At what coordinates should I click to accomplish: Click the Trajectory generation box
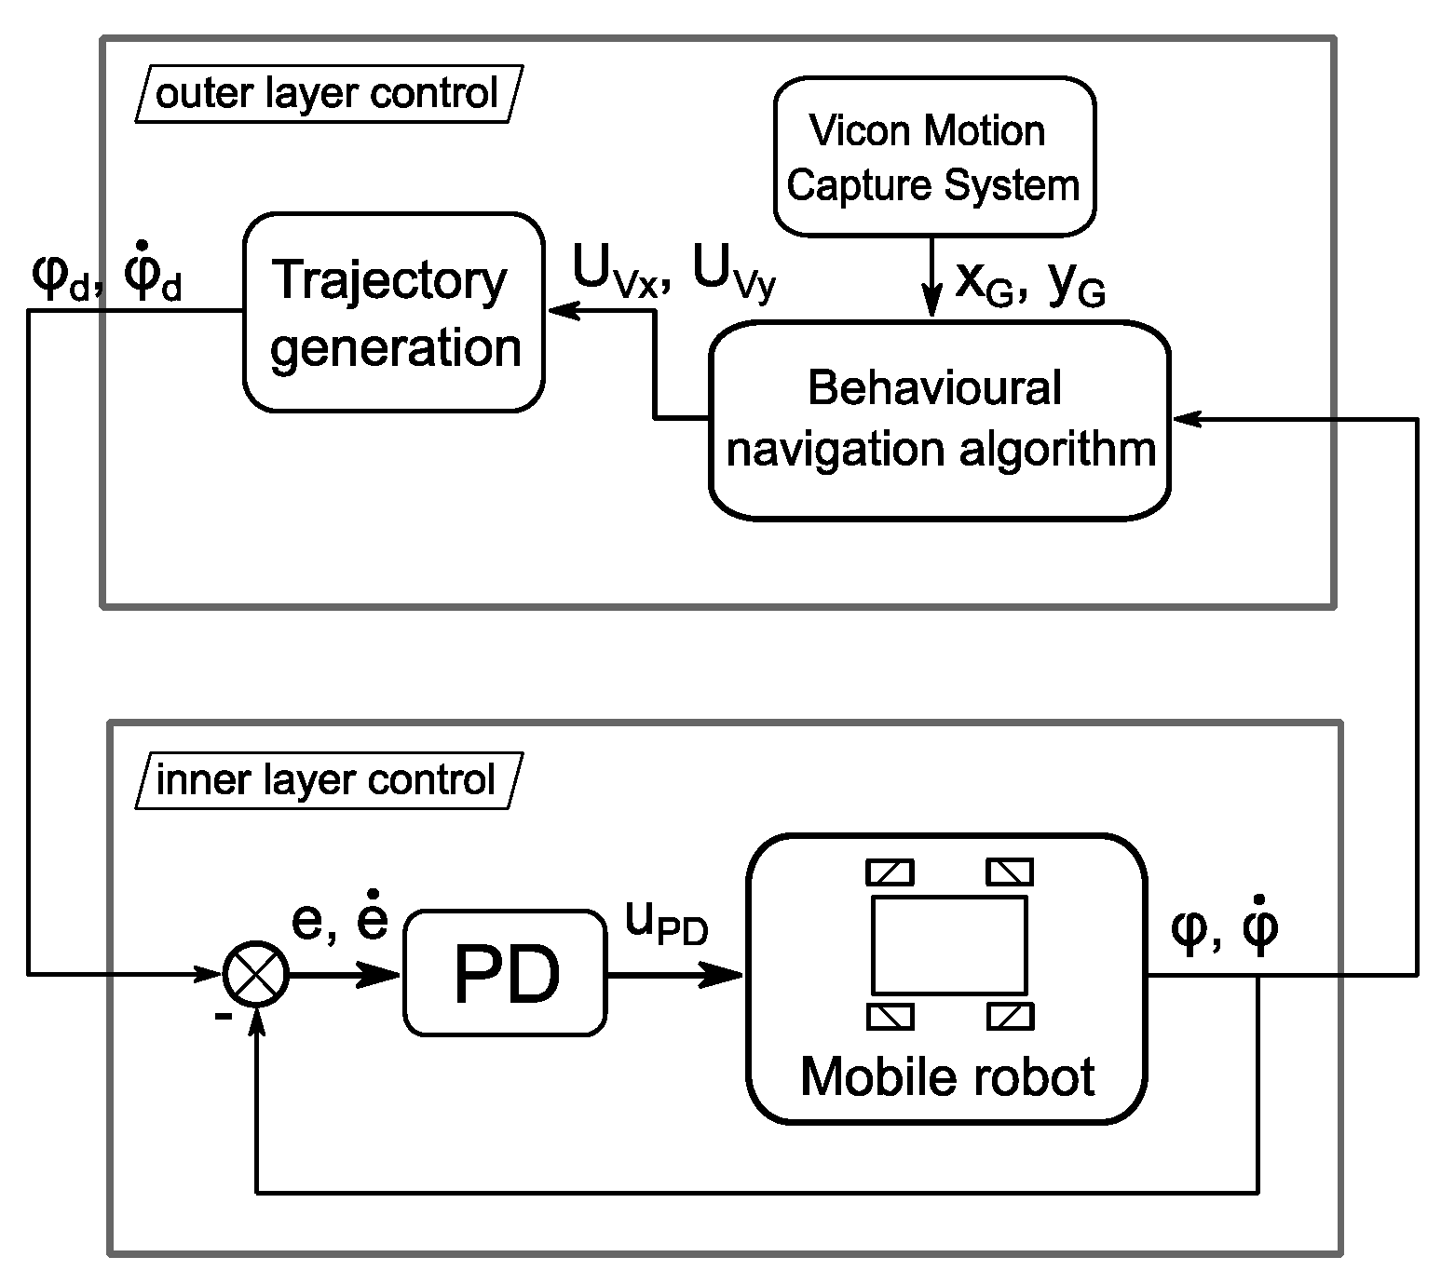click(x=393, y=312)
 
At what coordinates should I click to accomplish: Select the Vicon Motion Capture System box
click(x=934, y=156)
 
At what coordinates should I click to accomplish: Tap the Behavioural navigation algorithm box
click(x=939, y=419)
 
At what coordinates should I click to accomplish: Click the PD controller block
click(x=505, y=973)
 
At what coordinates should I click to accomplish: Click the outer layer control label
click(x=328, y=94)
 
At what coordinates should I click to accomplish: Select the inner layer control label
click(x=326, y=780)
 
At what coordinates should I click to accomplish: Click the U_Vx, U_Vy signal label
click(x=673, y=273)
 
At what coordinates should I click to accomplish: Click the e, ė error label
click(x=339, y=919)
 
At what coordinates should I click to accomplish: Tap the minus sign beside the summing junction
click(x=223, y=1016)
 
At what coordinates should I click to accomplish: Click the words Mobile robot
click(x=946, y=1076)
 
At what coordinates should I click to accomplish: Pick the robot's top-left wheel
click(x=890, y=872)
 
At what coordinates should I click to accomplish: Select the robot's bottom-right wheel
click(x=1010, y=1015)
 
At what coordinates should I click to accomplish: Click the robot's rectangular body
click(x=948, y=944)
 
